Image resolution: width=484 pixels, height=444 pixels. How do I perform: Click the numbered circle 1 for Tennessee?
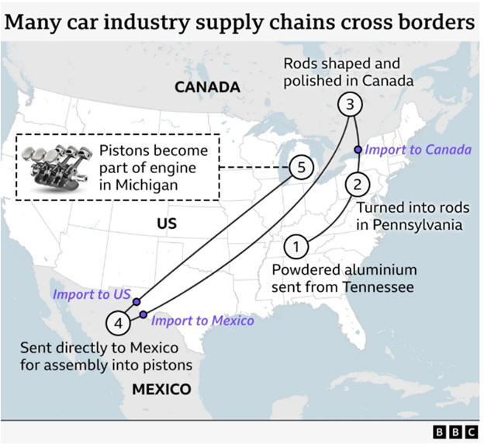(295, 247)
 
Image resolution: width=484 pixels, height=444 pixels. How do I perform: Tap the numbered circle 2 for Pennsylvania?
(357, 185)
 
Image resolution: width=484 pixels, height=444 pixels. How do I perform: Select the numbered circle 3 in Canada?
(350, 104)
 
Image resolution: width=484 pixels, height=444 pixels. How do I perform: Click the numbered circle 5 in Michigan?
(300, 167)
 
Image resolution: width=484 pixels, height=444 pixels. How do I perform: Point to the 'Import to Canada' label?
(418, 149)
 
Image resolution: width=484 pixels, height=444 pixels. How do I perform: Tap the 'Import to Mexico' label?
(202, 319)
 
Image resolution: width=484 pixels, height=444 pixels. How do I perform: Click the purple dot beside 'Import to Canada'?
(358, 149)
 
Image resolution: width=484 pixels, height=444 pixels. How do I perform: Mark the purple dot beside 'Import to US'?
(137, 301)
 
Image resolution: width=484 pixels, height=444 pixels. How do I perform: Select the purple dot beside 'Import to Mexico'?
(143, 314)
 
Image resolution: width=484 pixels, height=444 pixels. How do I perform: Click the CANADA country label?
(207, 87)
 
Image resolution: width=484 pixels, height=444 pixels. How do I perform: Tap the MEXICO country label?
(161, 389)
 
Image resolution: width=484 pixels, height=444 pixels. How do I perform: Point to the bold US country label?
(167, 224)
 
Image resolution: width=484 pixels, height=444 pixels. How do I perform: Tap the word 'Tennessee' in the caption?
(382, 286)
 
